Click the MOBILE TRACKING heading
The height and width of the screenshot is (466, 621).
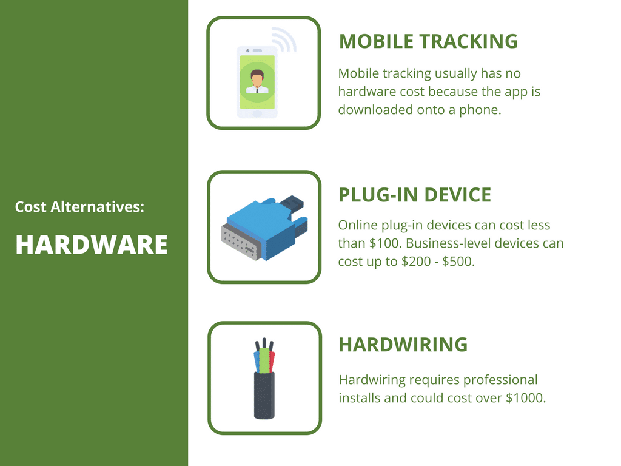(428, 41)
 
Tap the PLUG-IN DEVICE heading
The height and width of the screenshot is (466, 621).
(415, 195)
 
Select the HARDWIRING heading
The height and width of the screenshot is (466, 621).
(403, 345)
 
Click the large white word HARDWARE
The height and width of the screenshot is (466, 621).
(92, 245)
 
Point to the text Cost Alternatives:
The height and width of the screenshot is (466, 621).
(79, 207)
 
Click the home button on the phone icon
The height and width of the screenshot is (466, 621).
(257, 113)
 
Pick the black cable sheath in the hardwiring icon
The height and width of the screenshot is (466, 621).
(264, 394)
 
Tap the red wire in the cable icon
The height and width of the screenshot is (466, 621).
(272, 362)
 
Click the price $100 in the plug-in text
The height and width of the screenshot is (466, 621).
(380, 243)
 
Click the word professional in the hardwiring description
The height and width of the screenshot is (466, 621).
(500, 380)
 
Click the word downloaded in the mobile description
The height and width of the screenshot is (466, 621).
(375, 110)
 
